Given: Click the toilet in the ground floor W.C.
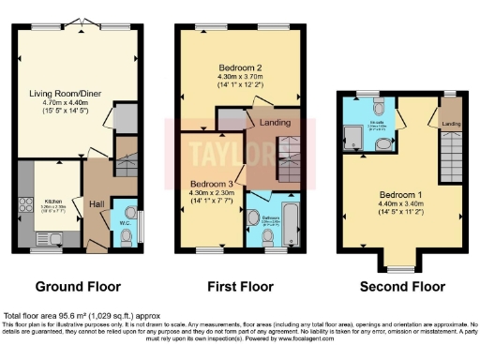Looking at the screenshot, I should pyautogui.click(x=127, y=235).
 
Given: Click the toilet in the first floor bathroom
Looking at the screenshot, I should pyautogui.click(x=269, y=238).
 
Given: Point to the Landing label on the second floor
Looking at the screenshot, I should pyautogui.click(x=450, y=124).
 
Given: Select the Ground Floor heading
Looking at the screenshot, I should pyautogui.click(x=74, y=286).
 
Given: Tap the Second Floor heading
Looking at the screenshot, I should pyautogui.click(x=402, y=286).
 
